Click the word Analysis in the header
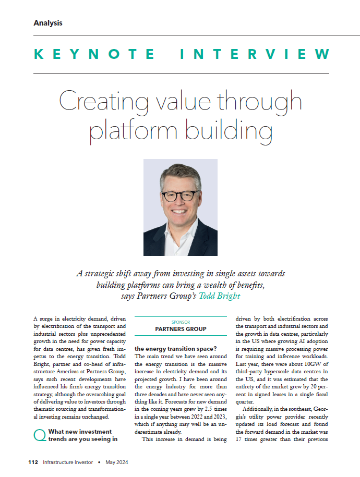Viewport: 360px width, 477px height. (x=47, y=22)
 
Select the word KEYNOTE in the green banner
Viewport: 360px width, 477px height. (x=93, y=54)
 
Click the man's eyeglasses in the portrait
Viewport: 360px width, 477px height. (x=180, y=196)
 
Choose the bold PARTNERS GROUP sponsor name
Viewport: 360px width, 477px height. (x=180, y=329)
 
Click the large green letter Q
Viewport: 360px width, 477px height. (x=39, y=436)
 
